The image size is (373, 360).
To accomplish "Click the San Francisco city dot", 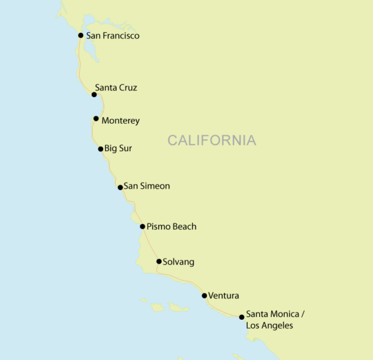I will (81, 35).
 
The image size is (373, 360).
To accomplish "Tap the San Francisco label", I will (113, 36).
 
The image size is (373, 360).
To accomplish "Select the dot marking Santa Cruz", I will (94, 94).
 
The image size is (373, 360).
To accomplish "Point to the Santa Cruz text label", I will (116, 88).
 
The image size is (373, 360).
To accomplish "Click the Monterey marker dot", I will (96, 118).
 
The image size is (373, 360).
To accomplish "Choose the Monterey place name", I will (121, 121).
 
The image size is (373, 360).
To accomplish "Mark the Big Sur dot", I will (101, 149).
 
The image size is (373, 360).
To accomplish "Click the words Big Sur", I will (118, 148).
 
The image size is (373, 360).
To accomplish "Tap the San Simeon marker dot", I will (121, 187).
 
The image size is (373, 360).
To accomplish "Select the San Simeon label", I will (146, 186).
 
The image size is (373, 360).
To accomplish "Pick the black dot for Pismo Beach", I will (143, 226).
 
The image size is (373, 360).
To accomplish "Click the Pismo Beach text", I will (172, 227).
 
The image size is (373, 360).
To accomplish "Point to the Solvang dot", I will (158, 261).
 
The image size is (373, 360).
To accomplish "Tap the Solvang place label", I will (179, 262).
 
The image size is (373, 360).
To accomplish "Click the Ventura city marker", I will (204, 295).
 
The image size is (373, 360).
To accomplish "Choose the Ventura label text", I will (224, 296).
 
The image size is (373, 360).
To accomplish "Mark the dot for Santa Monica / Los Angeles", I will (242, 317).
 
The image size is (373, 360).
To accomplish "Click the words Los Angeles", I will (269, 326).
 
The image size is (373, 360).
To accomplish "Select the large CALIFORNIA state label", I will (212, 140).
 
